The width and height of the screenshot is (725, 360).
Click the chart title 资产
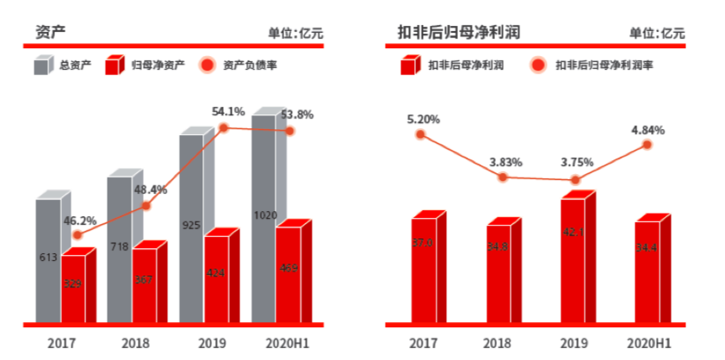click(x=51, y=32)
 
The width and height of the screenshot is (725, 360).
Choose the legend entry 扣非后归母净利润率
click(x=590, y=65)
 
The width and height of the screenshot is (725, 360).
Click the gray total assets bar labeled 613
click(x=47, y=258)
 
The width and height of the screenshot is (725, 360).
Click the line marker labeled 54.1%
click(x=223, y=128)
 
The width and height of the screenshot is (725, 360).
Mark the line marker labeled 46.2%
click(x=77, y=234)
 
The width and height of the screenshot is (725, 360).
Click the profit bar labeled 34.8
click(x=499, y=274)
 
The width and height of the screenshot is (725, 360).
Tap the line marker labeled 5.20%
click(x=420, y=134)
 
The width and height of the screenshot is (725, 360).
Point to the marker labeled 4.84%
click(x=647, y=145)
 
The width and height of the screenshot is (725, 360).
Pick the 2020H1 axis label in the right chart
click(x=648, y=343)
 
